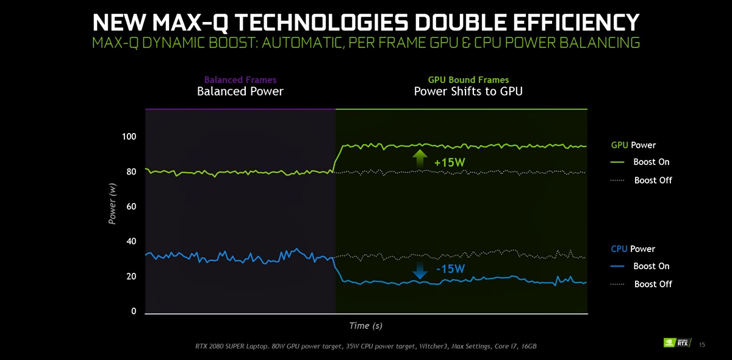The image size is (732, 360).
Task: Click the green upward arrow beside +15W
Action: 420,159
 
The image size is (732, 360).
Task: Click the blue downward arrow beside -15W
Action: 420,270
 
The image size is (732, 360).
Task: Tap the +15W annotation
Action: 450,163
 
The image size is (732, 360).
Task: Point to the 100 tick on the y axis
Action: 129,137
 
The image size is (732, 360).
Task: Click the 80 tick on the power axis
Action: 131,172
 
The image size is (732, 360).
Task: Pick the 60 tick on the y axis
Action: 131,207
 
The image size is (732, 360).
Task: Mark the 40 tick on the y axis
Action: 131,242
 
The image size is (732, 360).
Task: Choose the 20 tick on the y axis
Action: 131,277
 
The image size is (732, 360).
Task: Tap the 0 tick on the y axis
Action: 134,312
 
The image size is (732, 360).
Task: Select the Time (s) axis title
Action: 366,326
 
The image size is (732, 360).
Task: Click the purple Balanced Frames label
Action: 240,80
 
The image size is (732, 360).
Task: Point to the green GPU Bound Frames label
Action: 468,80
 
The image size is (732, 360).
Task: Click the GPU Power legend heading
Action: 633,145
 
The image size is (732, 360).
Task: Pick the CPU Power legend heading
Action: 633,249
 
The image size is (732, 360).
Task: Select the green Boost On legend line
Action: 617,162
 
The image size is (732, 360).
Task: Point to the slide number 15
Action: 702,345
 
